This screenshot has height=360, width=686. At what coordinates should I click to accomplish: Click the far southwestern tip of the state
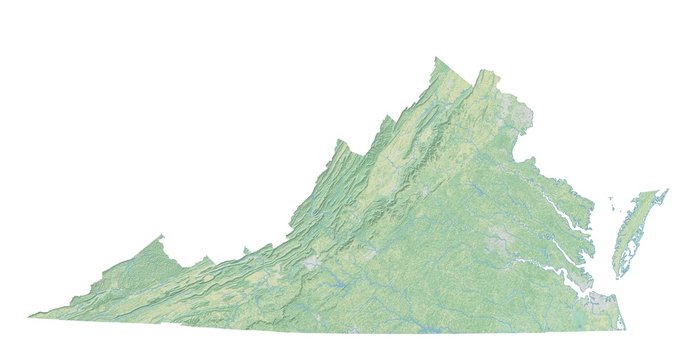(30, 316)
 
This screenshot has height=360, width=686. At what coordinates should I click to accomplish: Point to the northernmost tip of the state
(437, 58)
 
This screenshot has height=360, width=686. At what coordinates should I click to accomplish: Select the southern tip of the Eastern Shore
(620, 275)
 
